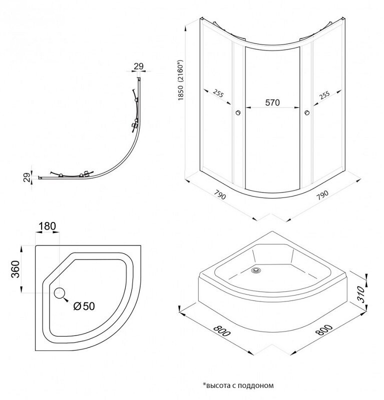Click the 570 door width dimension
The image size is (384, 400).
click(x=272, y=102)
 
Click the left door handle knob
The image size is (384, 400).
click(x=238, y=112)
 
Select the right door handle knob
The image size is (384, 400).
click(x=307, y=112)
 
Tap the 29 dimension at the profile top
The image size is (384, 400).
click(x=139, y=66)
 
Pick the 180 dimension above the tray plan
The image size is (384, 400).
click(x=47, y=226)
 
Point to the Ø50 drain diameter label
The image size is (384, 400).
click(x=84, y=306)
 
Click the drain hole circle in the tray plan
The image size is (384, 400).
click(x=60, y=293)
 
